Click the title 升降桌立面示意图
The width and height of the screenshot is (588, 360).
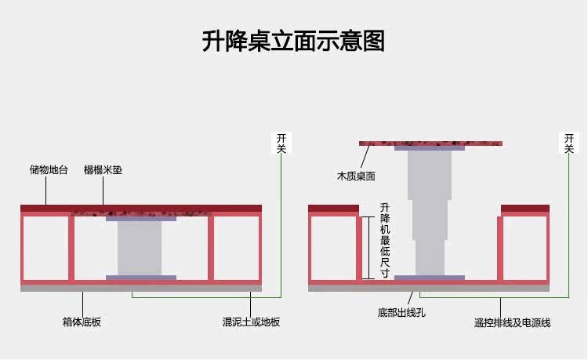coord(293,40)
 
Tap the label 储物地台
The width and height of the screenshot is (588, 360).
coord(49,169)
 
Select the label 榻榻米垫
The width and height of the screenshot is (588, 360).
coord(103,169)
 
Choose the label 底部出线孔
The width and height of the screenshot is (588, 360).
coord(401,313)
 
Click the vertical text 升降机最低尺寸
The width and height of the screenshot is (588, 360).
coord(384,236)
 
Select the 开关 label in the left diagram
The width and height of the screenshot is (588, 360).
coord(281,142)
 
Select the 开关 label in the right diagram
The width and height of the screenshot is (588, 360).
coord(569,142)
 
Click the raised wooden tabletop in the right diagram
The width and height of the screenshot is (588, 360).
coord(430,143)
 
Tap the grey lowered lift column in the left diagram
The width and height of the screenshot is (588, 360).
coord(140,247)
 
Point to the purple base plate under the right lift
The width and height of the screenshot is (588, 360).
coord(429,277)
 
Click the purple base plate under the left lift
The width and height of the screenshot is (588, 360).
coord(141,277)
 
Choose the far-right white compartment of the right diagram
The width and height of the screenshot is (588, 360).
coord(525,247)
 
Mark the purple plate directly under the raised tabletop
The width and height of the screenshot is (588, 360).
coord(429,148)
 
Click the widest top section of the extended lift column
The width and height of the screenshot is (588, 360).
coord(429,174)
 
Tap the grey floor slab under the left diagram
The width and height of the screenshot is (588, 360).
coord(141,288)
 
